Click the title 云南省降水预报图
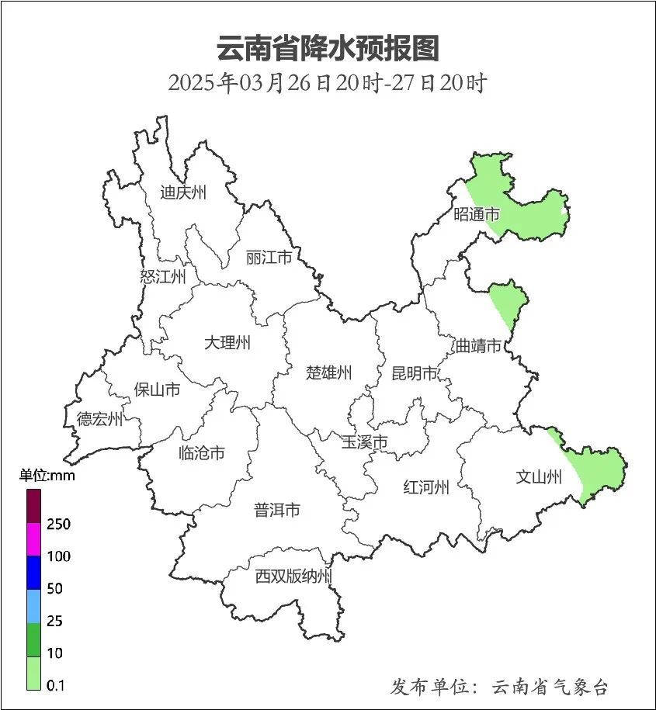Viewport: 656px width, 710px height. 328,48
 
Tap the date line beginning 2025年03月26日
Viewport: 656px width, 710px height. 328,83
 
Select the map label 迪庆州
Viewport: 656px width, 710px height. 183,192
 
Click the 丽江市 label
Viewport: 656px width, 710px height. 269,257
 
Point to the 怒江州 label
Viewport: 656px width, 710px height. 163,276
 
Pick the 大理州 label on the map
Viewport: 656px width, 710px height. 227,342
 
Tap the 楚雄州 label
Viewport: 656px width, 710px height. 328,372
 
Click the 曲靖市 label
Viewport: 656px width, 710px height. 477,346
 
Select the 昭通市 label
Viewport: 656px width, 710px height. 477,215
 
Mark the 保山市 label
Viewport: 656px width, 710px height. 157,389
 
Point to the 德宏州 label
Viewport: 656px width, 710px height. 99,420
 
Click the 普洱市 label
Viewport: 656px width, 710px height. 277,510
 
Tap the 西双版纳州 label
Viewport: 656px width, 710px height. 294,577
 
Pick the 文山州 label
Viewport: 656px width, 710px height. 539,477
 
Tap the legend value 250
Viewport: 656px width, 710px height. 58,524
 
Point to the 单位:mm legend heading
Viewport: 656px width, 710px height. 47,476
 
